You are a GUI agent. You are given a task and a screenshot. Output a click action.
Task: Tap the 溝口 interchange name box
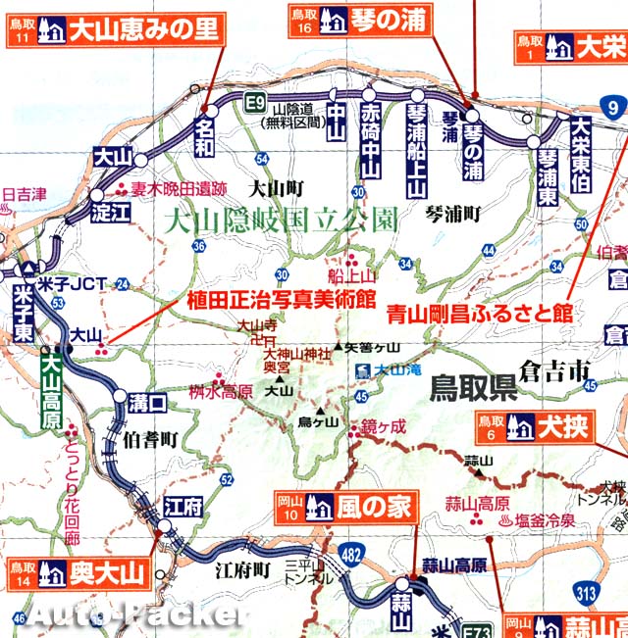145,402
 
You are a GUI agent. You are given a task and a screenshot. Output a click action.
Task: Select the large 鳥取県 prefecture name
474,390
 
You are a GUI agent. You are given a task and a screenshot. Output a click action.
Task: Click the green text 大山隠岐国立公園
283,219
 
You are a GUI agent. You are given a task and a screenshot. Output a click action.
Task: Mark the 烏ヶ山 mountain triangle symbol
320,411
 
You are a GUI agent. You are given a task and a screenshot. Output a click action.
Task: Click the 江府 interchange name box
176,506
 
